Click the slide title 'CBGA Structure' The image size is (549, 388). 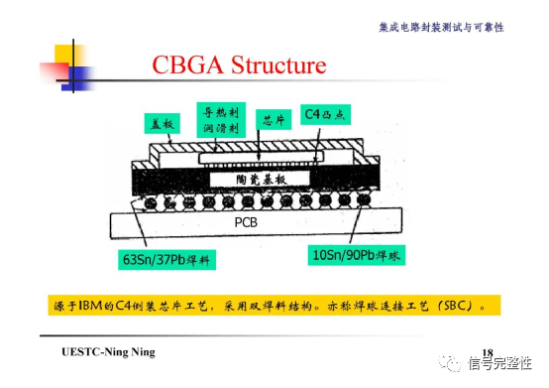click(x=239, y=66)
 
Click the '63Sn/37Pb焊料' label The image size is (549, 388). click(x=164, y=260)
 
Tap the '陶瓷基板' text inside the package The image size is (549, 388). click(x=262, y=179)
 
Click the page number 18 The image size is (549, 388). click(x=487, y=353)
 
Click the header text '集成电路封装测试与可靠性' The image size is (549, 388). click(x=441, y=27)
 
